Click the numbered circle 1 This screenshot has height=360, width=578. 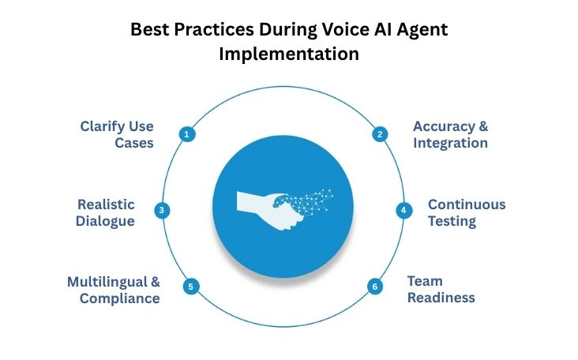point(187,134)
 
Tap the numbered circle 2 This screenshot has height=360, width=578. point(379,134)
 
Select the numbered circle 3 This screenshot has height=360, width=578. point(162,210)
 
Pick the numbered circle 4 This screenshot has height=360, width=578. point(403,210)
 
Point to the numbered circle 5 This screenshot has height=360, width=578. point(190,286)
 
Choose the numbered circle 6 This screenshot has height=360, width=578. point(375,286)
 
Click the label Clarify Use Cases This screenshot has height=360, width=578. point(117,134)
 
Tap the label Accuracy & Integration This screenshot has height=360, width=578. point(451,134)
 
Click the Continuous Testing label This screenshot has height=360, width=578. point(467,212)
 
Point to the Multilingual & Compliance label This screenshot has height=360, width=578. point(114,290)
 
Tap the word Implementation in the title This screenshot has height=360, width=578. point(289,55)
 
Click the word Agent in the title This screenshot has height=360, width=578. point(420,32)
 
